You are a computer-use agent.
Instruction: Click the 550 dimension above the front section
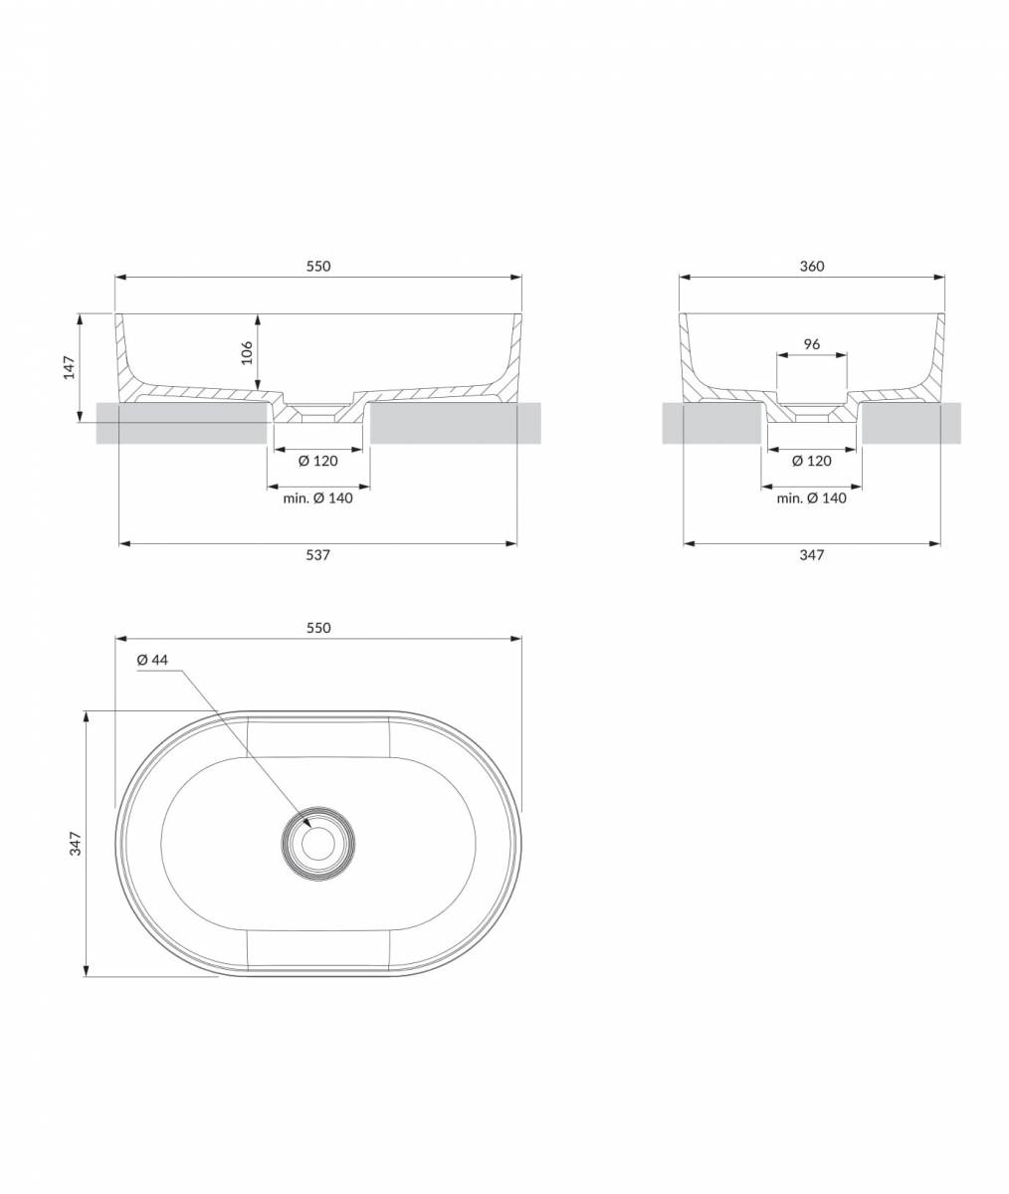pyautogui.click(x=318, y=266)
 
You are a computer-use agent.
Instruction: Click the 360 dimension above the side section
pyautogui.click(x=812, y=266)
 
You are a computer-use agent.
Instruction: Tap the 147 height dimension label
pyautogui.click(x=70, y=367)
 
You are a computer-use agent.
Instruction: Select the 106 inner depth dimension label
pyautogui.click(x=247, y=353)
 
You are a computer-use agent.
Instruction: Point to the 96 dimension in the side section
pyautogui.click(x=812, y=343)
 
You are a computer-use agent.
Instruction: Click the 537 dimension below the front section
pyautogui.click(x=318, y=554)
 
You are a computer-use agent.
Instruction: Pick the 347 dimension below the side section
pyautogui.click(x=812, y=554)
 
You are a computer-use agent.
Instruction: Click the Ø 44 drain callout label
pyautogui.click(x=152, y=660)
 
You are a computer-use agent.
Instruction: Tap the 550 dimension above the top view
pyautogui.click(x=318, y=628)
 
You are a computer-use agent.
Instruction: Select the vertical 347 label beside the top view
pyautogui.click(x=76, y=844)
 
